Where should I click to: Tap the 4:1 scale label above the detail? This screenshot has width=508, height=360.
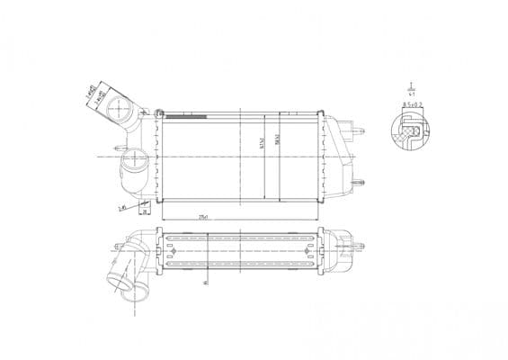pyautogui.click(x=411, y=92)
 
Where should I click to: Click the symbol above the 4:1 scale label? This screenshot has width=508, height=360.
pyautogui.click(x=411, y=84)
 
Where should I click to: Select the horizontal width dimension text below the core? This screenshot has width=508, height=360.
pyautogui.click(x=204, y=217)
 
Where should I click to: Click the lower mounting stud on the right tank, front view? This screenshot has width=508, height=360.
pyautogui.click(x=361, y=188)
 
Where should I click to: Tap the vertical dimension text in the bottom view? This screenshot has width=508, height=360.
pyautogui.click(x=206, y=281)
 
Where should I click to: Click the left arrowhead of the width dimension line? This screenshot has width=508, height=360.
pyautogui.click(x=164, y=220)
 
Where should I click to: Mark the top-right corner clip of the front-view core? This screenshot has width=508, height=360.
pyautogui.click(x=320, y=113)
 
